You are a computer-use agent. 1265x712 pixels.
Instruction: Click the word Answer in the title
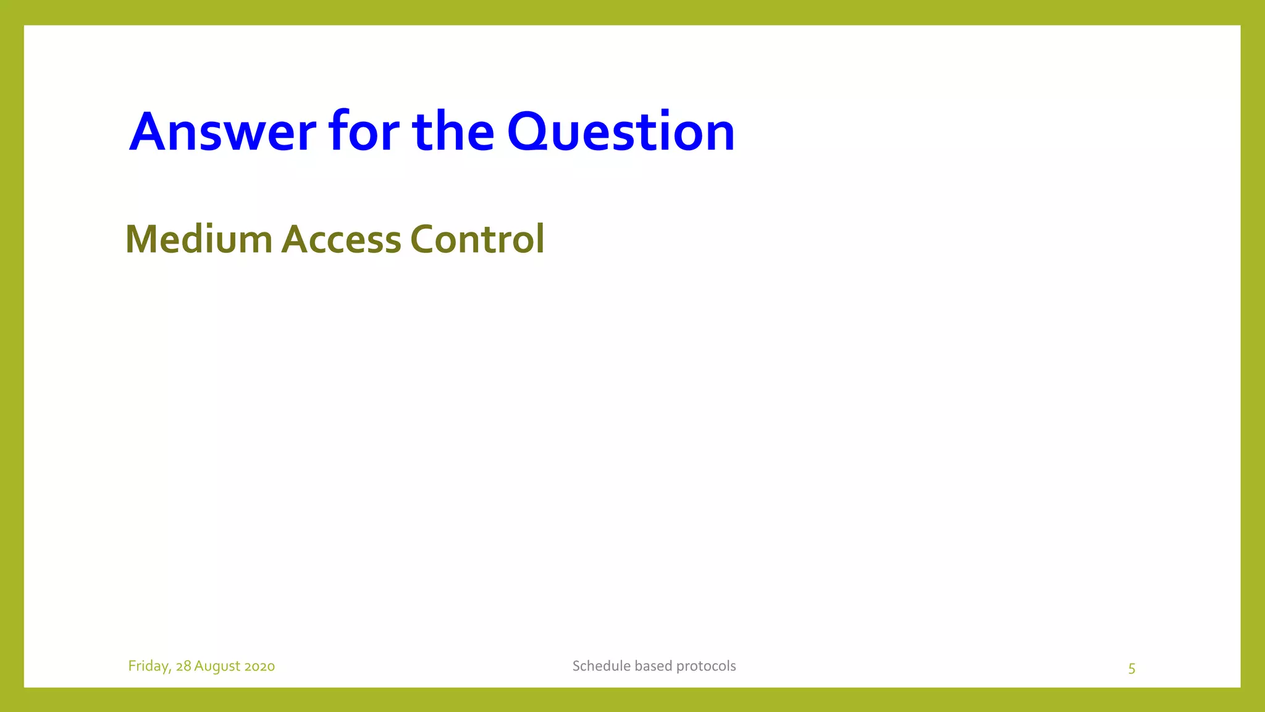pyautogui.click(x=222, y=132)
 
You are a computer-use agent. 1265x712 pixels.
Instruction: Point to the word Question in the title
pyautogui.click(x=621, y=132)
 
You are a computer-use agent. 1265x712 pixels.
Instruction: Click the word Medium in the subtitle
pyautogui.click(x=198, y=239)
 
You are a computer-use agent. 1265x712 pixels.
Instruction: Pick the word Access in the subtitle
pyautogui.click(x=341, y=239)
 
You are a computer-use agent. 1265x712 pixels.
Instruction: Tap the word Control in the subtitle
pyautogui.click(x=477, y=239)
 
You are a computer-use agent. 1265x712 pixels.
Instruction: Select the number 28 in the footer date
pyautogui.click(x=183, y=666)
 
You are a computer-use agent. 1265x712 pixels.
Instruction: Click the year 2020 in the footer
pyautogui.click(x=259, y=666)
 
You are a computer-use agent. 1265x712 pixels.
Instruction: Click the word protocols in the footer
pyautogui.click(x=706, y=666)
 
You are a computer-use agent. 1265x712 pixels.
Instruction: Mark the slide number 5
pyautogui.click(x=1132, y=669)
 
